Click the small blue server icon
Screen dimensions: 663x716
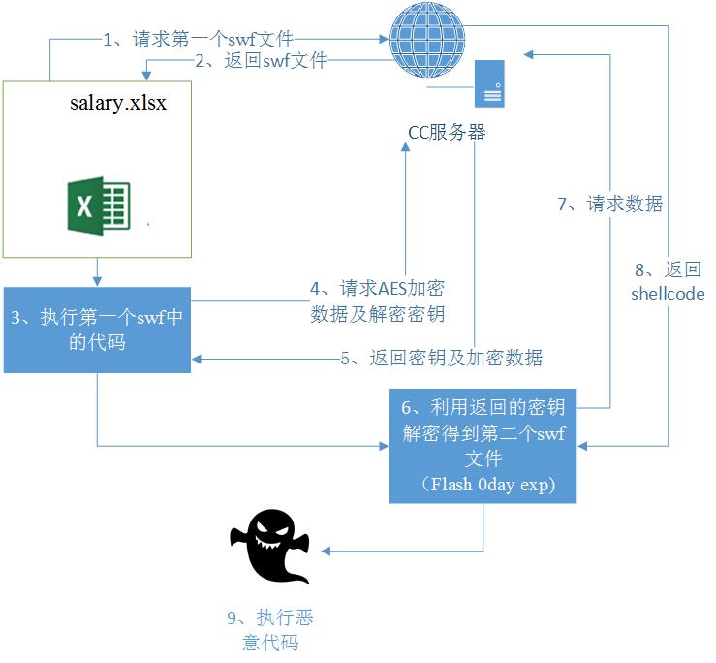[489, 85]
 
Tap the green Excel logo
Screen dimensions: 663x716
[98, 205]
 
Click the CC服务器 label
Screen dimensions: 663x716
[446, 133]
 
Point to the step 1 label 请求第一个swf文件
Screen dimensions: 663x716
[199, 40]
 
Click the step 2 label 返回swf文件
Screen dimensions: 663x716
[261, 61]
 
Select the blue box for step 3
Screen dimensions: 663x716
[97, 330]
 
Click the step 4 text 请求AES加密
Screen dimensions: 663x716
[378, 289]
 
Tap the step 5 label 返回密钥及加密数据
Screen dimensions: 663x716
[441, 358]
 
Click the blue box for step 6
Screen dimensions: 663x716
[482, 445]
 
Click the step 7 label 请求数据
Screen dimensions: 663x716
[610, 204]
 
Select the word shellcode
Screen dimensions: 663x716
[668, 293]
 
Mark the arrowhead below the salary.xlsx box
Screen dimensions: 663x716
[97, 280]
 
